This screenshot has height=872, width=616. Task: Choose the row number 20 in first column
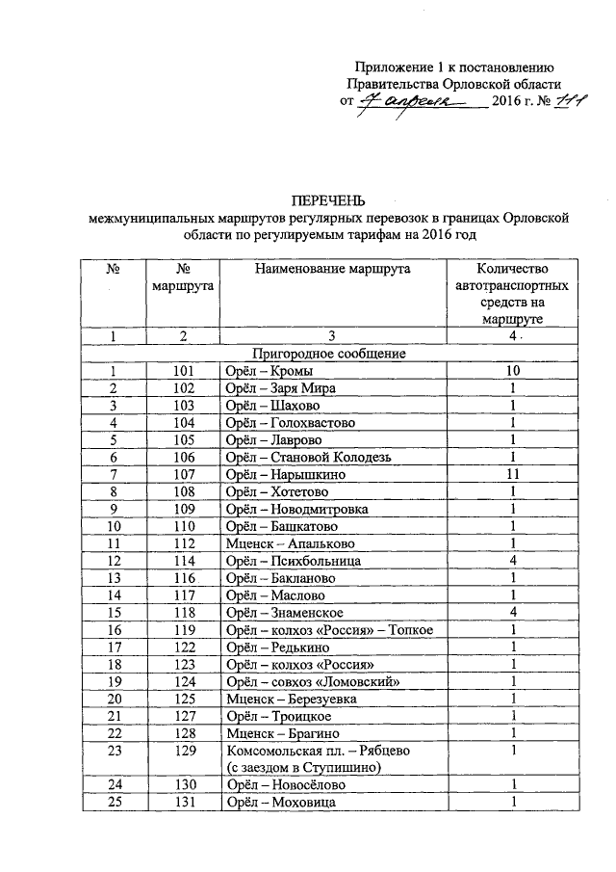tap(115, 699)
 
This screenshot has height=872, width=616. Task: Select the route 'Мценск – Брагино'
tap(279, 733)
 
